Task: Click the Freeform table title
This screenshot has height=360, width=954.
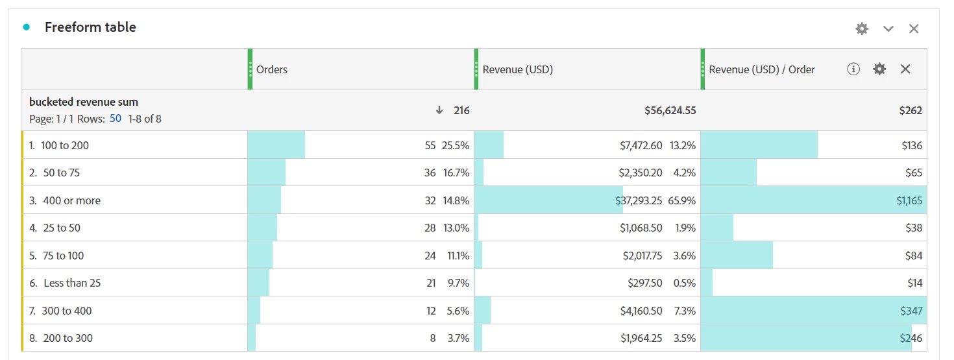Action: point(90,27)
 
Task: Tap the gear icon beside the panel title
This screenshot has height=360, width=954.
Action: point(861,29)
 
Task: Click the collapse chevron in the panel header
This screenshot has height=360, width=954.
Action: point(888,29)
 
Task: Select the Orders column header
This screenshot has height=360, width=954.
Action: point(272,69)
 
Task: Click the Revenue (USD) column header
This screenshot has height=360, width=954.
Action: point(517,69)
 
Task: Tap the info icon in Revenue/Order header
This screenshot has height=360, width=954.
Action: point(853,69)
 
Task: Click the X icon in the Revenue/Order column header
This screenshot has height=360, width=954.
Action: point(905,69)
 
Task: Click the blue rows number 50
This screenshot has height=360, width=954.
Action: point(116,119)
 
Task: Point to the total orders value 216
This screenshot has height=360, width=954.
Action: point(461,111)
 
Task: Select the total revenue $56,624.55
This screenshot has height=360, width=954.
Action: point(670,111)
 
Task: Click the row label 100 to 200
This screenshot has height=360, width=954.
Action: point(64,145)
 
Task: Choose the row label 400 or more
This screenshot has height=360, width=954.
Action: point(71,200)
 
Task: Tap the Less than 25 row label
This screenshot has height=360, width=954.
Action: point(72,283)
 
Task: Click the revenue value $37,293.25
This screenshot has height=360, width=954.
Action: point(639,200)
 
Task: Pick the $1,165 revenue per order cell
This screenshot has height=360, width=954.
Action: point(909,200)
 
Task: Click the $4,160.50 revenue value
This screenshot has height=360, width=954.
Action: point(641,311)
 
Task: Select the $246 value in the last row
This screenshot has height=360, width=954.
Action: point(911,338)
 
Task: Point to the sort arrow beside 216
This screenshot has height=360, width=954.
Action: point(440,111)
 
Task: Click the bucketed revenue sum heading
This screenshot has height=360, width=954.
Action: point(84,102)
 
